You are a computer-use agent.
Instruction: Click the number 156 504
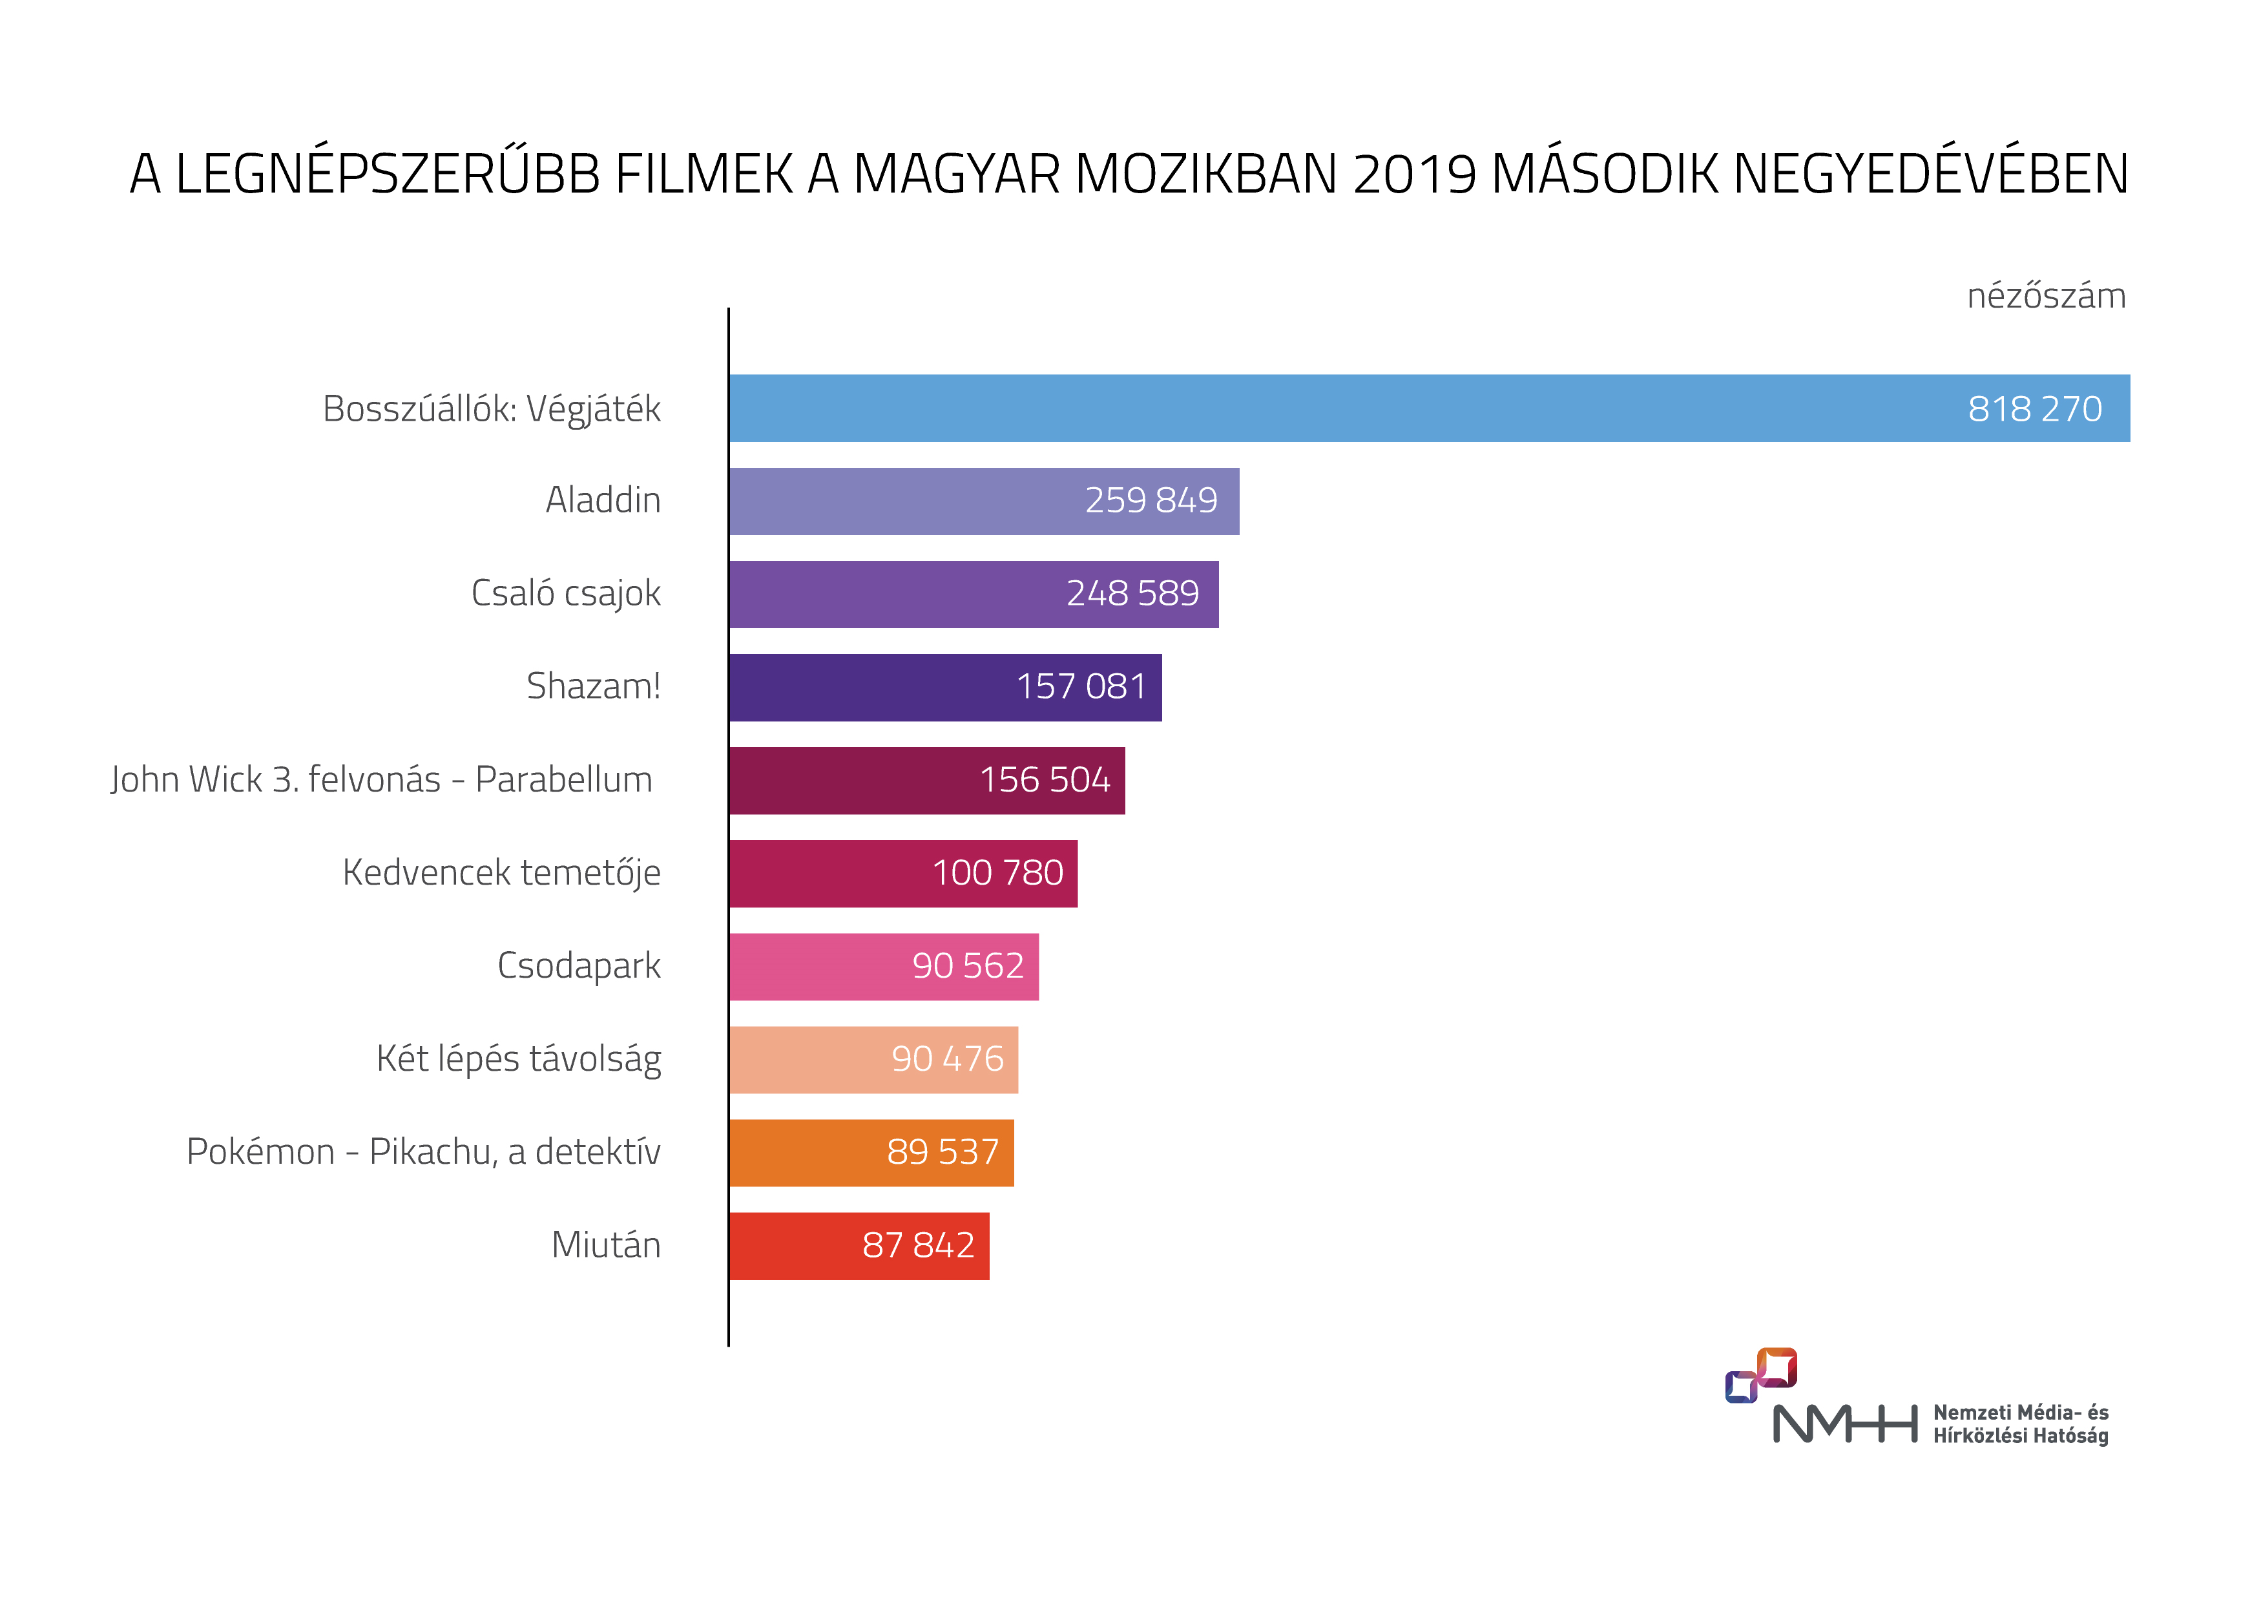[x=1044, y=779]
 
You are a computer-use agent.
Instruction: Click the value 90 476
[x=946, y=1059]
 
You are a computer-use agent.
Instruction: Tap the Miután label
[x=606, y=1245]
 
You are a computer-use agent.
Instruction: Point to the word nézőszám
[x=2045, y=295]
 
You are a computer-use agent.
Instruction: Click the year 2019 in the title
[x=1414, y=174]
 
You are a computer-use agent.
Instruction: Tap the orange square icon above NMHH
[x=1776, y=1367]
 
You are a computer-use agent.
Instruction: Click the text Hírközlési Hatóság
[x=2020, y=1436]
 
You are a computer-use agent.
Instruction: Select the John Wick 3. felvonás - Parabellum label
[x=381, y=779]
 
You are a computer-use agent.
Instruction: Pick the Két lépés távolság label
[x=518, y=1059]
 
